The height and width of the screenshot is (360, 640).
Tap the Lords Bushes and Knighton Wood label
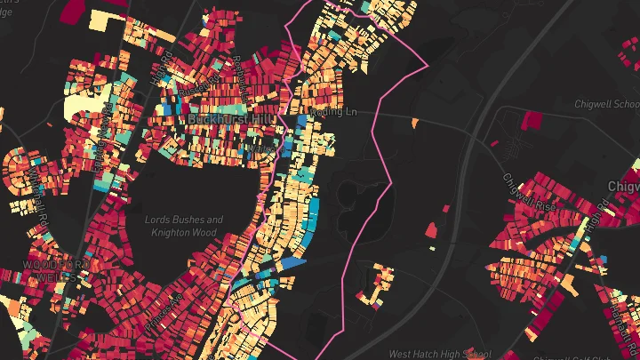tap(184, 226)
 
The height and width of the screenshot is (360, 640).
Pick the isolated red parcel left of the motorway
tap(430, 230)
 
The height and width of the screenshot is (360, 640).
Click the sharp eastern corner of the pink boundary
tap(428, 65)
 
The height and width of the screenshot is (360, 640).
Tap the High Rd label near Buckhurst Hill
tap(165, 67)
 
